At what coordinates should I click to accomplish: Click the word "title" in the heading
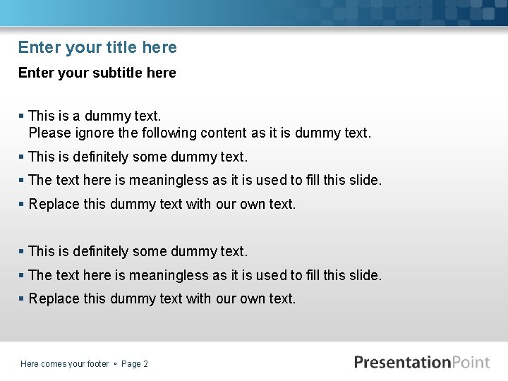[x=121, y=47]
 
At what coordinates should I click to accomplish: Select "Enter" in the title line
[x=40, y=47]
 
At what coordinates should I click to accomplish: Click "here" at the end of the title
[x=159, y=47]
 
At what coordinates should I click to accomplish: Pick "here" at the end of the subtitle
[x=162, y=73]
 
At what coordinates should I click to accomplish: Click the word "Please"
[x=49, y=133]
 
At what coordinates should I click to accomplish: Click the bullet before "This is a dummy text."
[x=22, y=116]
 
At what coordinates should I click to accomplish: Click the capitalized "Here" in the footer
[x=30, y=364]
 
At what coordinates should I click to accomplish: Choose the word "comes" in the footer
[x=54, y=364]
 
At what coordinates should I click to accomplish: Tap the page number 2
[x=145, y=364]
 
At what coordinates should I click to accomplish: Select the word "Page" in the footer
[x=131, y=364]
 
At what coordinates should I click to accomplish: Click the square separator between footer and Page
[x=115, y=364]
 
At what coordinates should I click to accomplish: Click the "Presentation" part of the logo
[x=402, y=363]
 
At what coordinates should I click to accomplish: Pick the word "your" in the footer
[x=76, y=364]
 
